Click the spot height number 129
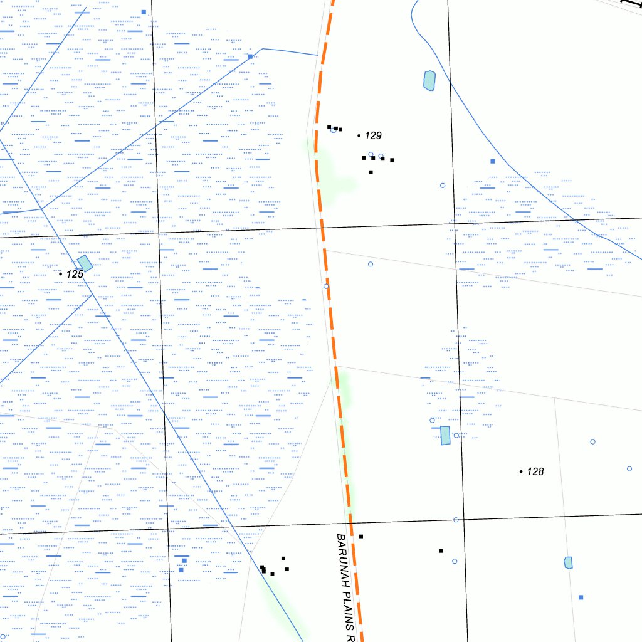click(x=374, y=135)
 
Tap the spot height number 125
click(x=75, y=274)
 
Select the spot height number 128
click(x=535, y=471)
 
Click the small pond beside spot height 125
click(x=85, y=263)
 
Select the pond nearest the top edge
click(x=429, y=80)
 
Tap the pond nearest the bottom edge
click(x=568, y=562)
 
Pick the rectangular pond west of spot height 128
click(x=445, y=435)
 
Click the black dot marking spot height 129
click(x=359, y=135)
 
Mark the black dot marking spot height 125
click(x=60, y=274)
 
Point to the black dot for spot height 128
click(x=521, y=471)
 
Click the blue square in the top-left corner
click(x=144, y=12)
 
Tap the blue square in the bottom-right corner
click(x=581, y=597)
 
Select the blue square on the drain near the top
click(x=250, y=56)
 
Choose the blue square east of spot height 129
click(x=493, y=161)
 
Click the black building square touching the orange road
click(x=361, y=536)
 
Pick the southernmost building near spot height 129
click(x=371, y=172)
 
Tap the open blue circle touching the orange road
click(x=326, y=286)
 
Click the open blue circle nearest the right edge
click(x=629, y=468)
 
